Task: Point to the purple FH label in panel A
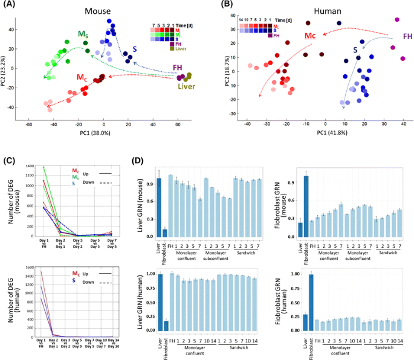click(178, 67)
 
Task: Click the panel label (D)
click(140, 162)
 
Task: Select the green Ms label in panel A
click(82, 34)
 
